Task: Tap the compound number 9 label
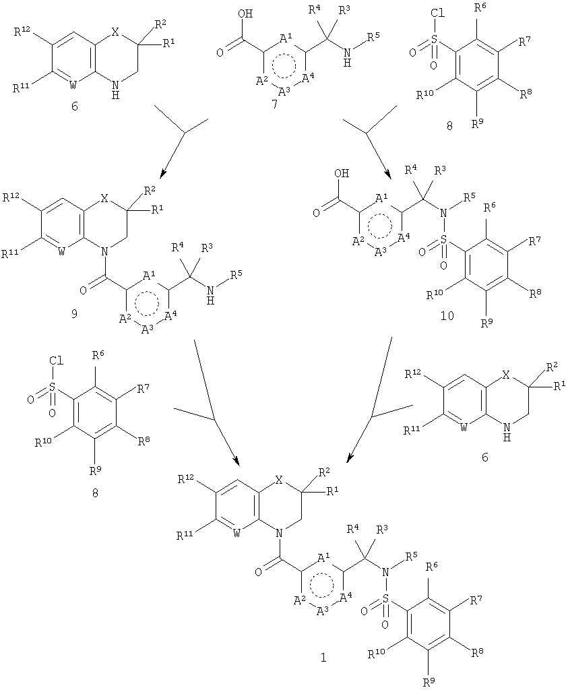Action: click(74, 314)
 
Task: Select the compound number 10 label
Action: click(447, 316)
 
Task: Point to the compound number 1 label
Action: click(323, 658)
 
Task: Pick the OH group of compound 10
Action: click(342, 173)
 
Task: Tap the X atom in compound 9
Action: click(104, 198)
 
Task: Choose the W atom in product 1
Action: click(237, 533)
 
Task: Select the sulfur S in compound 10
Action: click(444, 240)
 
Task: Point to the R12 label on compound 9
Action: click(11, 198)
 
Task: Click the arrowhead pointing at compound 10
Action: click(388, 174)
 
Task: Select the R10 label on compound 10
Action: click(436, 294)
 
